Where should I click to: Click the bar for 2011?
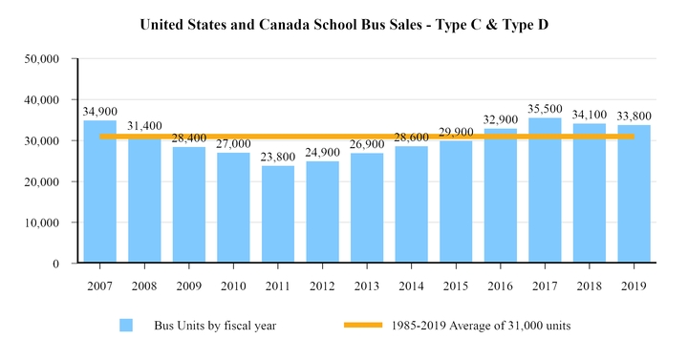pyautogui.click(x=277, y=214)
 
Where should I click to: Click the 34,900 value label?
pyautogui.click(x=99, y=111)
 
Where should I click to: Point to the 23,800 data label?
pyautogui.click(x=277, y=157)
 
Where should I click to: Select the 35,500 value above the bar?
pyautogui.click(x=545, y=109)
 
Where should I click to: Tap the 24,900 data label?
pyautogui.click(x=322, y=152)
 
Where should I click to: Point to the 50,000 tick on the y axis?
pyautogui.click(x=41, y=59)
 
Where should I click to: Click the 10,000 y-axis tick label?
pyautogui.click(x=41, y=222)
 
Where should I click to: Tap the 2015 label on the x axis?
pyautogui.click(x=456, y=286)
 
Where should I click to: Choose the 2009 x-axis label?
pyautogui.click(x=188, y=286)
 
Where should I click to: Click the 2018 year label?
pyautogui.click(x=590, y=286)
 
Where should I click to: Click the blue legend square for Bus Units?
pyautogui.click(x=126, y=326)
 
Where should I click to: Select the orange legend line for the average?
pyautogui.click(x=363, y=326)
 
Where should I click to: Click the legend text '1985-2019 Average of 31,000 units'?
pyautogui.click(x=481, y=326)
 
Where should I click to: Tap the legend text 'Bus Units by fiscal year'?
pyautogui.click(x=215, y=326)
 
